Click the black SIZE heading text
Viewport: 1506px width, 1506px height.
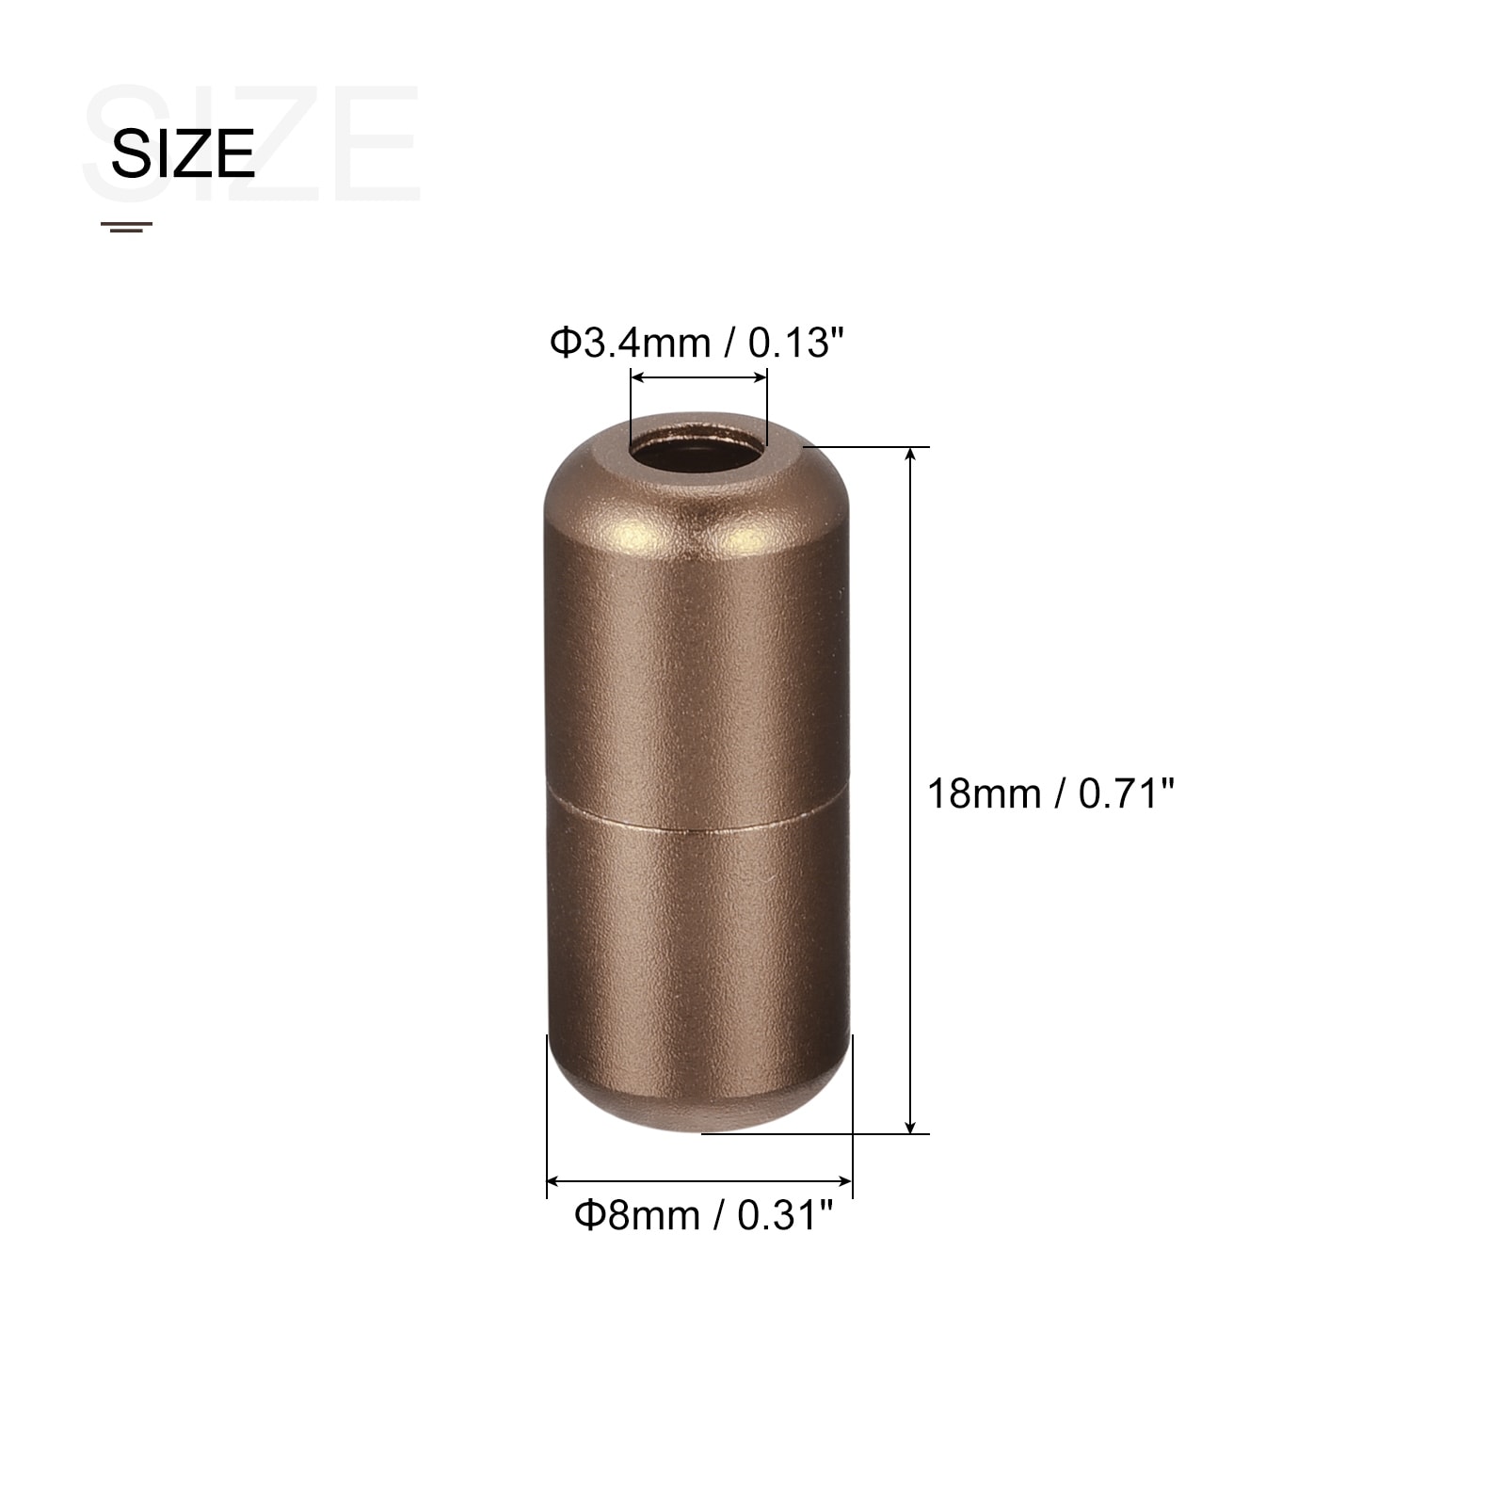(x=183, y=153)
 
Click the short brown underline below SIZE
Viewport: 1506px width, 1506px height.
(x=126, y=227)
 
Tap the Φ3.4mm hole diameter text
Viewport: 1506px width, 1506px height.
(x=631, y=343)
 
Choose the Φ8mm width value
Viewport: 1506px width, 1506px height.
(x=638, y=1215)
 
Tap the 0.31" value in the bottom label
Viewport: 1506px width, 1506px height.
(x=785, y=1215)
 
